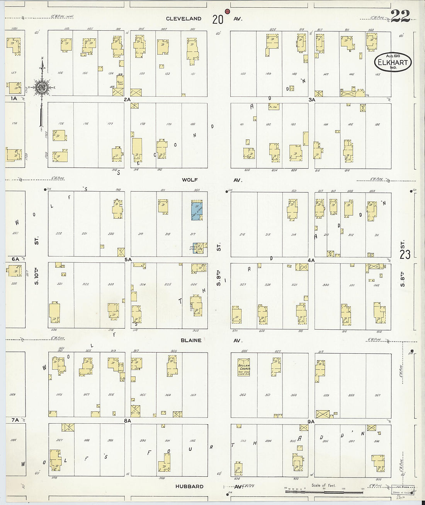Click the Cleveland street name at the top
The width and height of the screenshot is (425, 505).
pyautogui.click(x=184, y=19)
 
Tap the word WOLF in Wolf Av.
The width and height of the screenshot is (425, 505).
pyautogui.click(x=190, y=180)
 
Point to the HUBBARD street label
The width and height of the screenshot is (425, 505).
pyautogui.click(x=189, y=486)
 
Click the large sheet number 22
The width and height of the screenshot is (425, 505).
pyautogui.click(x=400, y=16)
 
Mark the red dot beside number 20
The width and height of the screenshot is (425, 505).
pyautogui.click(x=227, y=12)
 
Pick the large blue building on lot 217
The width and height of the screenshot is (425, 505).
pyautogui.click(x=197, y=210)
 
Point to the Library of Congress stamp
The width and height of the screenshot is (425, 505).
pyautogui.click(x=403, y=490)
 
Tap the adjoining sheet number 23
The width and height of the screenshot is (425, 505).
pyautogui.click(x=405, y=254)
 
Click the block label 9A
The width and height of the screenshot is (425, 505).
pyautogui.click(x=311, y=421)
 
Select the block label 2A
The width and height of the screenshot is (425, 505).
pyautogui.click(x=127, y=99)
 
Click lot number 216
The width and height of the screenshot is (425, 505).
pyautogui.click(x=243, y=235)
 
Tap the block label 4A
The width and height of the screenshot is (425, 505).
pyautogui.click(x=311, y=260)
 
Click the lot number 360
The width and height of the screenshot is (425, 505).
pyautogui.click(x=294, y=395)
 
